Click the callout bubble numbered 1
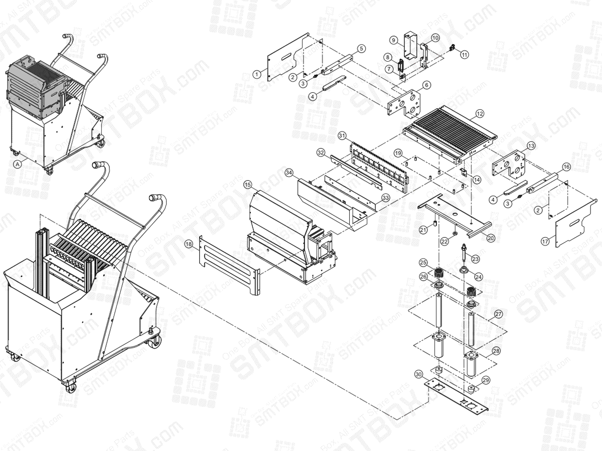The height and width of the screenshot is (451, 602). coord(257,74)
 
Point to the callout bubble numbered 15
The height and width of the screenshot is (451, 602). coord(247,185)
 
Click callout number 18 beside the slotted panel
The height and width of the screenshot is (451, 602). coord(189,244)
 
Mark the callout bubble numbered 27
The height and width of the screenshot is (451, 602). coord(498,314)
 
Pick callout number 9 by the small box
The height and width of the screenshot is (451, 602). coord(394,40)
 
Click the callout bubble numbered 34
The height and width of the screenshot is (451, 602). coord(289,172)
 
